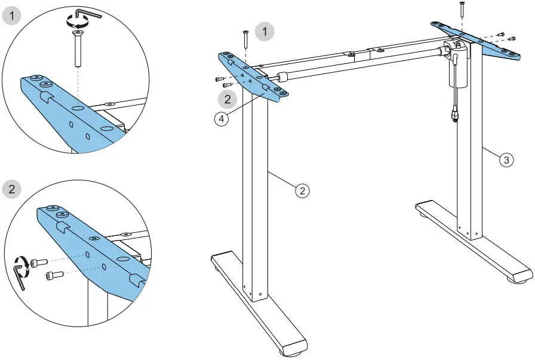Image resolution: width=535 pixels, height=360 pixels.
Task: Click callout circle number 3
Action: pyautogui.click(x=506, y=159)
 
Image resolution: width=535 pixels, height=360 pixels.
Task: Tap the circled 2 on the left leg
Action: pyautogui.click(x=303, y=190)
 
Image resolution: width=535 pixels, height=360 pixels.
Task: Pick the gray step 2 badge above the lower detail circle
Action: pyautogui.click(x=13, y=190)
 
